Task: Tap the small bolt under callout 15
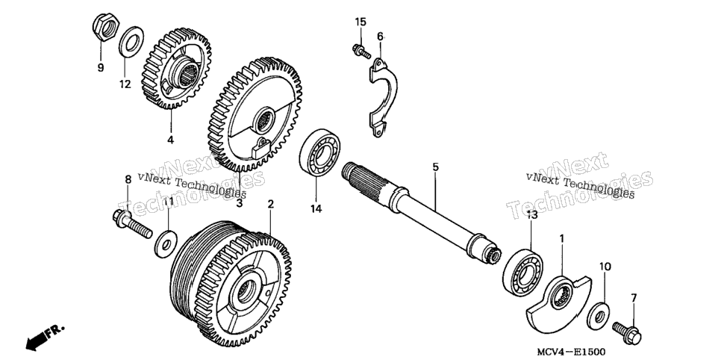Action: point(361,52)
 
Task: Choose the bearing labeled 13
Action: point(522,271)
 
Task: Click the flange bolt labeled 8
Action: point(131,223)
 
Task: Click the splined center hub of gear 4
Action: point(185,72)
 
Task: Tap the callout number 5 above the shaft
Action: point(435,167)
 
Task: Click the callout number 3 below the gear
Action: point(240,202)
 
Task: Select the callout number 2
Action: point(271,203)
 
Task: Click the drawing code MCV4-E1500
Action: point(572,352)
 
